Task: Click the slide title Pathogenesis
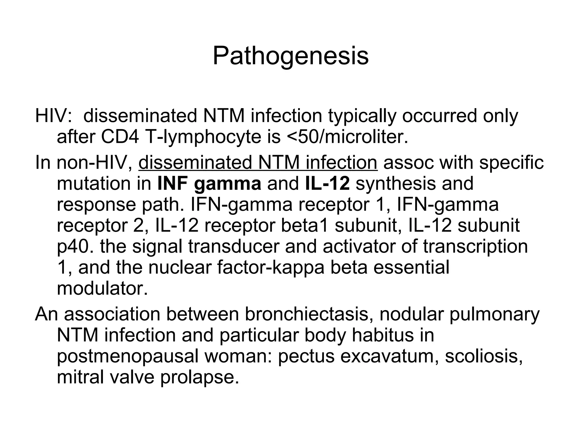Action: point(290,56)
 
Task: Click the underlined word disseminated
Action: point(195,162)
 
